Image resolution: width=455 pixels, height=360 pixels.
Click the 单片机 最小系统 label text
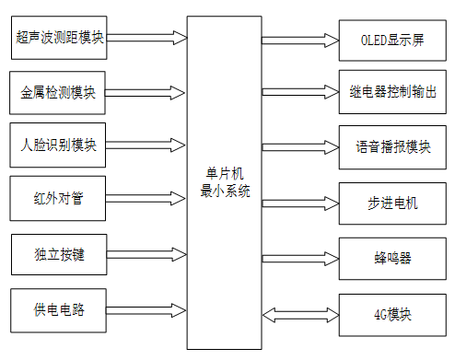click(x=224, y=180)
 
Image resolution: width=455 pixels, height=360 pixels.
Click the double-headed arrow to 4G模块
click(x=301, y=313)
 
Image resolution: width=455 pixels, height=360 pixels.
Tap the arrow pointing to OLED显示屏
click(x=300, y=41)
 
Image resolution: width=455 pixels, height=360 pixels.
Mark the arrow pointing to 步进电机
click(x=300, y=201)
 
